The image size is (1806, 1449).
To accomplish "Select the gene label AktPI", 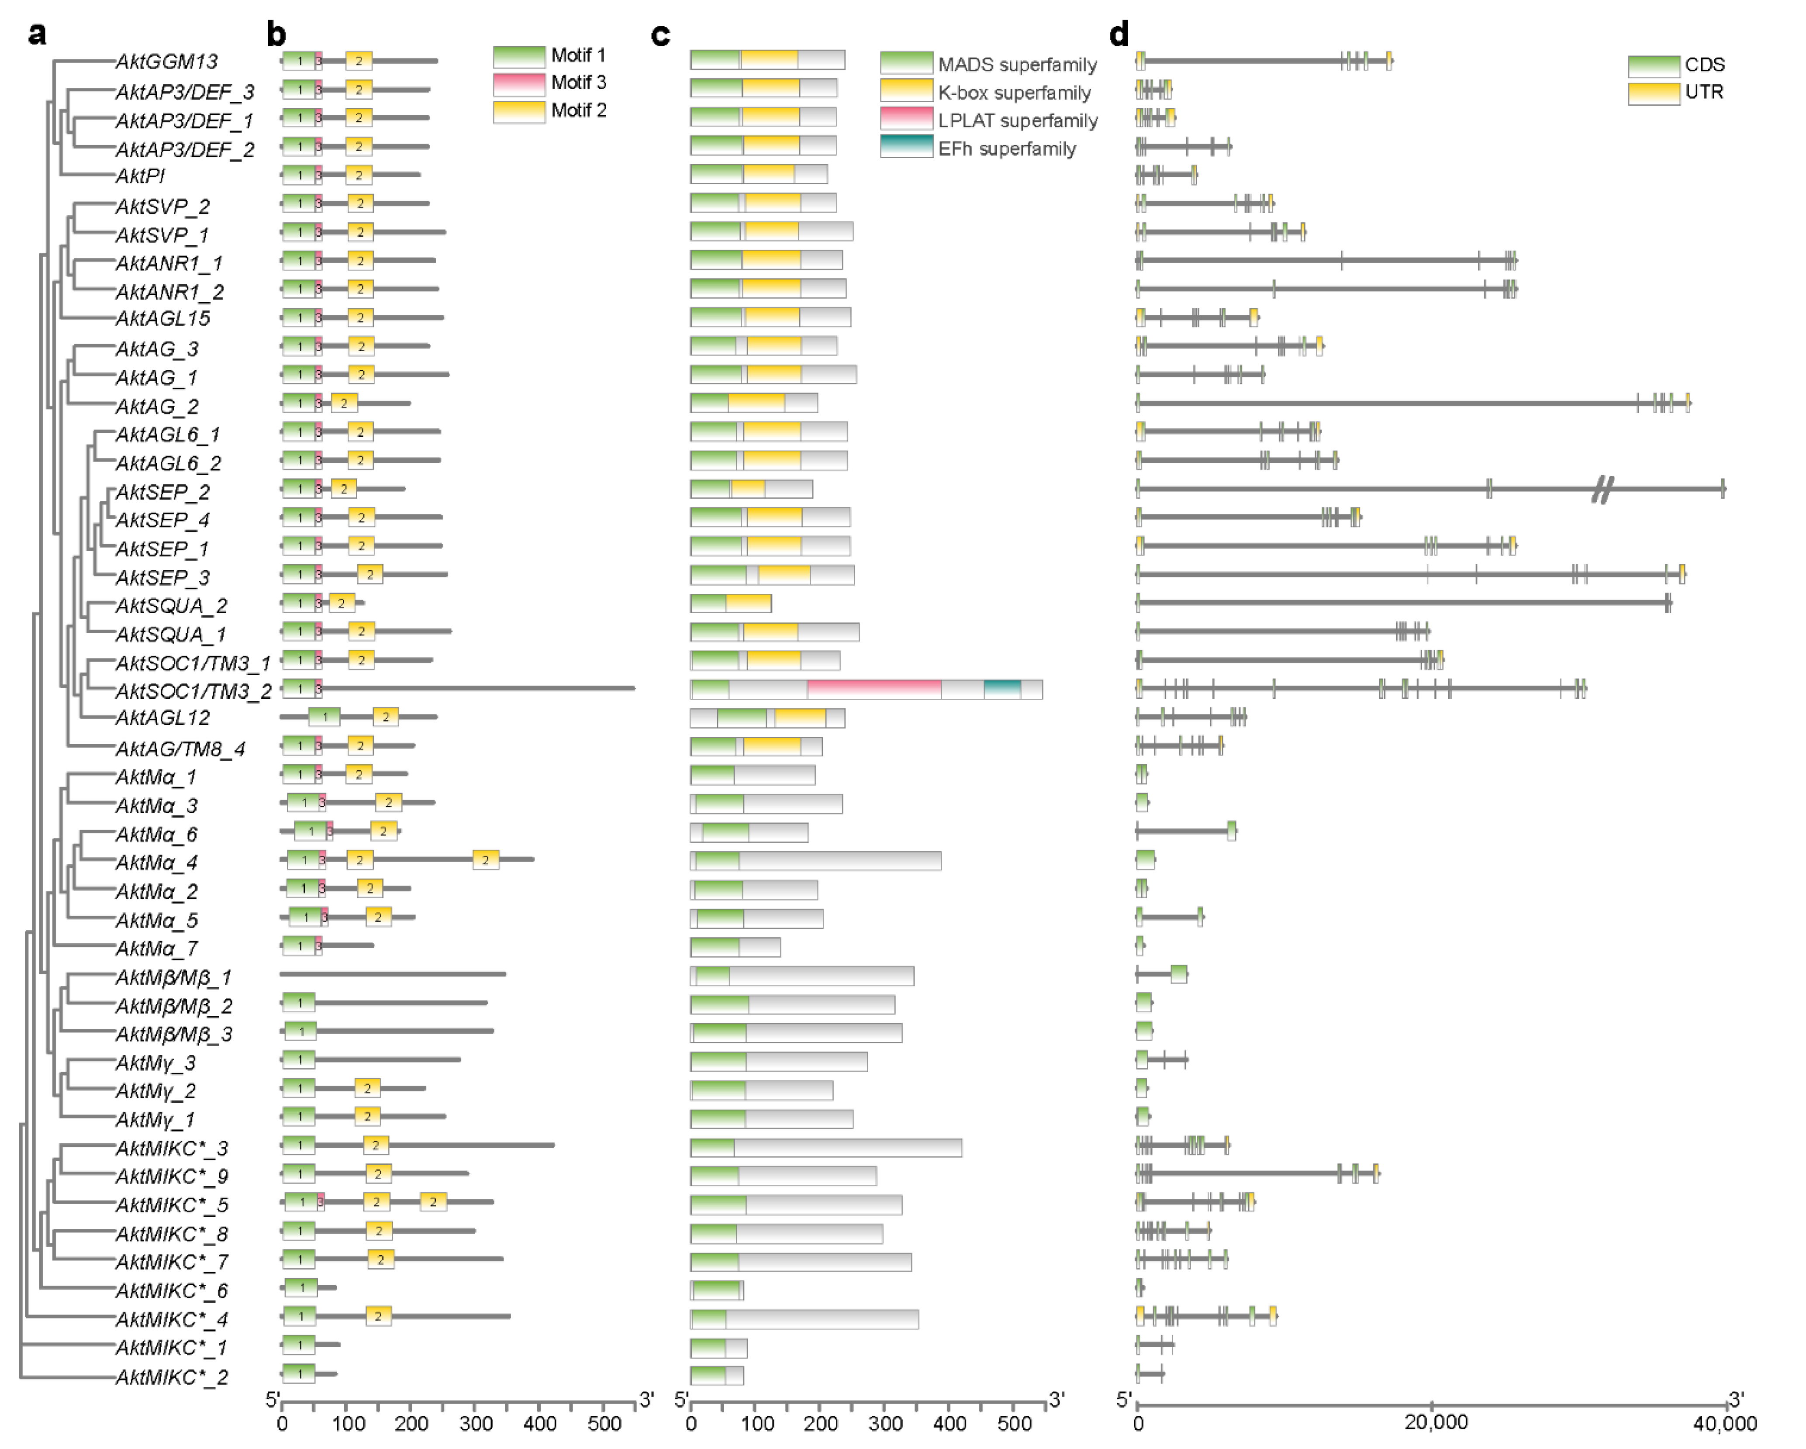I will [140, 176].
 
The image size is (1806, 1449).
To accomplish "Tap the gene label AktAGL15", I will [162, 318].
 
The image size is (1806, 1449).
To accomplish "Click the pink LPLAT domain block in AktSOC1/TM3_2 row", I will [874, 689].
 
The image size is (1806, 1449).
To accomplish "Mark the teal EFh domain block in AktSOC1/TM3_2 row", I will [1002, 689].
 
